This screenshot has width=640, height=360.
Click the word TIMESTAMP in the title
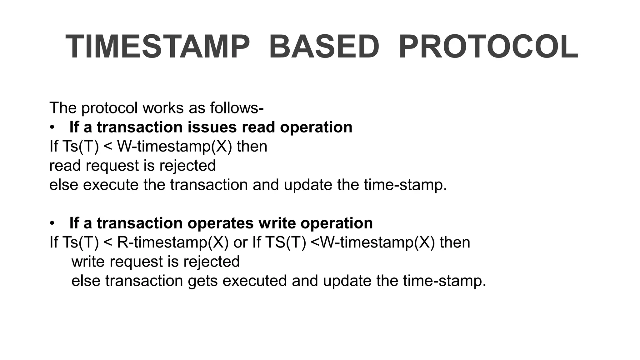click(x=158, y=47)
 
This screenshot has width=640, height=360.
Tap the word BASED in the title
click(x=324, y=47)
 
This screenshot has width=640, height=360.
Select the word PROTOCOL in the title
click(x=488, y=47)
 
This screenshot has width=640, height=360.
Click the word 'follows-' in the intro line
click(x=237, y=108)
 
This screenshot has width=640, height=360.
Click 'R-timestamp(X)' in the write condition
click(x=173, y=242)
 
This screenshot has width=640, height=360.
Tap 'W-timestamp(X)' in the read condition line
click(x=175, y=147)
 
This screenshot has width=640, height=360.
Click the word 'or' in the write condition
click(x=240, y=242)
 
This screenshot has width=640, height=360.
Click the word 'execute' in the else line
click(x=111, y=185)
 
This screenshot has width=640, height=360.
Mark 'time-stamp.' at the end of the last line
click(x=445, y=281)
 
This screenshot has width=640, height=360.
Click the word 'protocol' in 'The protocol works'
click(x=109, y=108)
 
